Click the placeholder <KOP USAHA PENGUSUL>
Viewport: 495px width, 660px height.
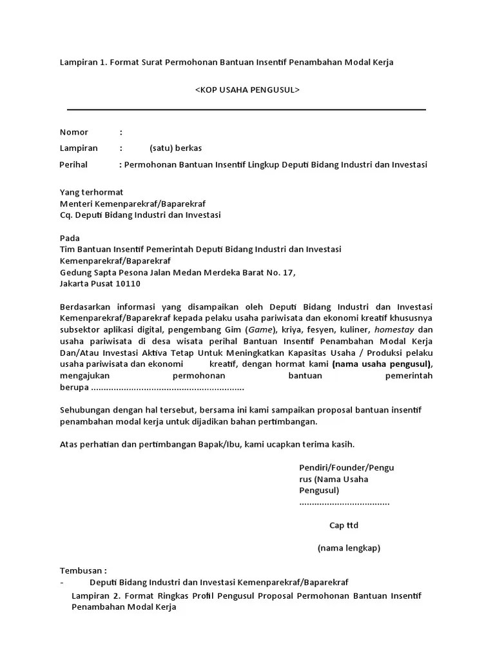pos(247,90)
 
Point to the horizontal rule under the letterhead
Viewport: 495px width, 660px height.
pos(247,110)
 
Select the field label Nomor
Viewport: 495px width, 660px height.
pos(74,132)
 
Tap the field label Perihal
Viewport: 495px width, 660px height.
pos(73,164)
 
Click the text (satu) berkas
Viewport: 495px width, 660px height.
pos(175,148)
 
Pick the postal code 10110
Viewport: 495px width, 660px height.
pos(128,283)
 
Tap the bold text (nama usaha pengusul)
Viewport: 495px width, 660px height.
pos(382,364)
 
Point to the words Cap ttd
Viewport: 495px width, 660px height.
pos(344,525)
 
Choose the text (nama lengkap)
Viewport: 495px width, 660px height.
pos(349,548)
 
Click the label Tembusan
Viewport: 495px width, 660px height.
pos(83,571)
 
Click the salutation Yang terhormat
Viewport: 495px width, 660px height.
pos(92,192)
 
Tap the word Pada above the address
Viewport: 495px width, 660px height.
pos(70,238)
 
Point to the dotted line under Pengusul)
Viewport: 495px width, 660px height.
pos(344,502)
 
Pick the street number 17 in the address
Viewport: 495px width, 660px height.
pos(289,272)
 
